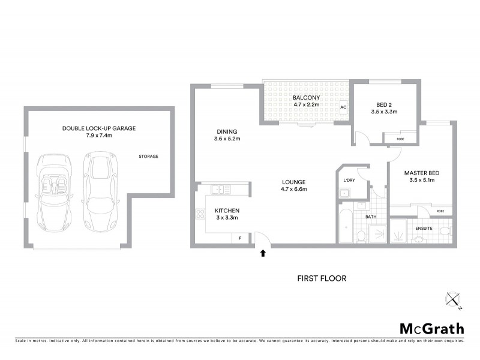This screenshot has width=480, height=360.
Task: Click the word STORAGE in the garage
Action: [148, 157]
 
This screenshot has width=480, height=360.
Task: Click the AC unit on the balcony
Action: [344, 108]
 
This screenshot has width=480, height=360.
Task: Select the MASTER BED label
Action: [422, 173]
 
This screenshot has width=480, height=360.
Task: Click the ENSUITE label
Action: [421, 228]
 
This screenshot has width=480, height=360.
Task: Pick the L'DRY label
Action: [349, 180]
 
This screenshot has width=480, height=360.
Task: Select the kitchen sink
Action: [220, 190]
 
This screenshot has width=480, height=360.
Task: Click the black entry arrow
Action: [263, 253]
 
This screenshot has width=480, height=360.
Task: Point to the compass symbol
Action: [452, 299]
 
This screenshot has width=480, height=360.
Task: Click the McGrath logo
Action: [431, 328]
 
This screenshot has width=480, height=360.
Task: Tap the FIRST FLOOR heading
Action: [322, 278]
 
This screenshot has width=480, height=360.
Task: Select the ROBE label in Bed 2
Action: [401, 139]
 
